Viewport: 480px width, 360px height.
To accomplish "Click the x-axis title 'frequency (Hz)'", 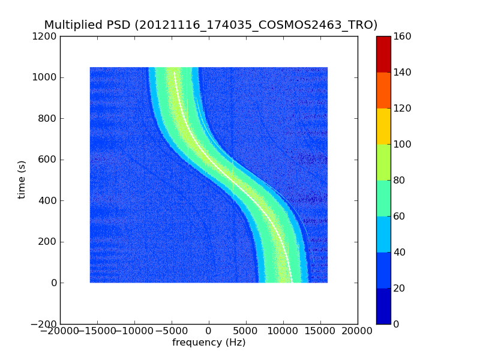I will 209,343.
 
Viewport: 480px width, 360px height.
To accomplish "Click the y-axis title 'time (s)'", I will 22,179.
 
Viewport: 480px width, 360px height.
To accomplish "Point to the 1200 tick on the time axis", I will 46,37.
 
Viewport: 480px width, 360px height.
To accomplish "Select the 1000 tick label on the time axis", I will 46,77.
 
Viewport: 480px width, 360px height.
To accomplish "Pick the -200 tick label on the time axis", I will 44,324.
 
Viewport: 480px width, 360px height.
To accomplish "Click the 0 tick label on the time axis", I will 54,283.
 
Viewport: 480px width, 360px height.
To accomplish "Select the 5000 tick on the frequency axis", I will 246,331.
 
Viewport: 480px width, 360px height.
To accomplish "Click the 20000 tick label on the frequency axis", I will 358,331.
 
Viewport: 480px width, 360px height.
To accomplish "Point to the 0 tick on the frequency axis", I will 209,331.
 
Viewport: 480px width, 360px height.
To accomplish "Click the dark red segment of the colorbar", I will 383,54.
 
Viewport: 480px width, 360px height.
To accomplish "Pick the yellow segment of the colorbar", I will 383,126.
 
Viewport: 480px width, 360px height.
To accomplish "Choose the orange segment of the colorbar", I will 383,90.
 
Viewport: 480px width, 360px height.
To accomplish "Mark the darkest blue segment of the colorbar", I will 383,306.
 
